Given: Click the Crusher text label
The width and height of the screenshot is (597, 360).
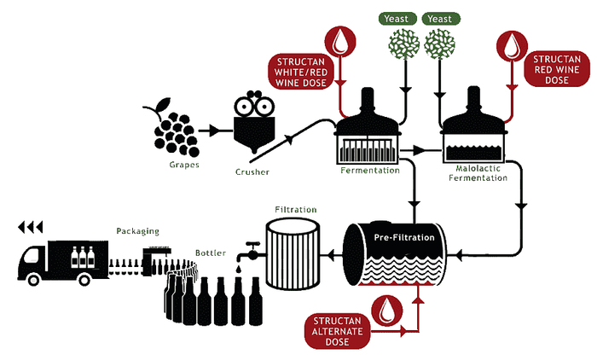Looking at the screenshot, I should (252, 172).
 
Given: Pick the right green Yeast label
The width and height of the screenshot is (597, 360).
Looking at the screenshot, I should (440, 18).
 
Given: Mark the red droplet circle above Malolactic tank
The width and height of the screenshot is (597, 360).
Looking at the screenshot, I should (511, 44).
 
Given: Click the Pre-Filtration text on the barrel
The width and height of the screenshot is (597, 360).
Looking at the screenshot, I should (409, 236).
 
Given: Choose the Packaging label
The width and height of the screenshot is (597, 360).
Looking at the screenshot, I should (137, 230).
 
